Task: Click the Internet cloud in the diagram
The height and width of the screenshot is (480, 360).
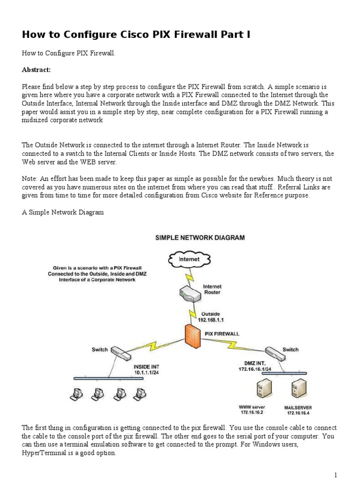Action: click(189, 259)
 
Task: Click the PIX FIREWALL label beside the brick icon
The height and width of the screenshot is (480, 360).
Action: click(222, 334)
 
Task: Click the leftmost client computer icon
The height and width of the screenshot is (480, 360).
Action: click(74, 394)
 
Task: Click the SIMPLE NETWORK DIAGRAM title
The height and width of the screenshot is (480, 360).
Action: click(200, 238)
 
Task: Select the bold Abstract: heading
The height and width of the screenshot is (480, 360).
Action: click(36, 69)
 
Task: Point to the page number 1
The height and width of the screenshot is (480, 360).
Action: click(336, 474)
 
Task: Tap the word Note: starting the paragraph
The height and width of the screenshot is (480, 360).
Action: click(30, 179)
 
